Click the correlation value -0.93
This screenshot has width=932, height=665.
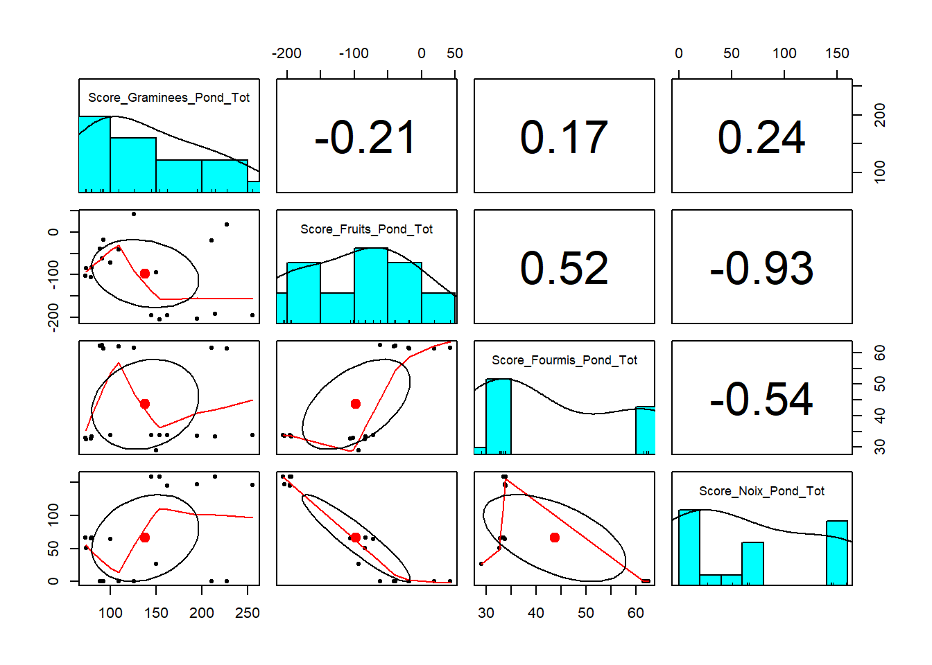tap(761, 268)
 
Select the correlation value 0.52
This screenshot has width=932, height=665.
tap(564, 268)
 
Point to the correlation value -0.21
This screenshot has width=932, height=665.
tap(365, 137)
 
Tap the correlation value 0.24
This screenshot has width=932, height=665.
tap(761, 137)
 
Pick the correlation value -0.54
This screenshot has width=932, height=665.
tap(761, 399)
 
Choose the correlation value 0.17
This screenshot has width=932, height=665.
tap(564, 137)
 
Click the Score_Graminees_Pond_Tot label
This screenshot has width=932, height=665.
tap(169, 98)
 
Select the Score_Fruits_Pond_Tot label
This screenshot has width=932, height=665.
tap(366, 229)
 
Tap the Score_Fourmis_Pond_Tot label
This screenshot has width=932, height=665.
tap(564, 360)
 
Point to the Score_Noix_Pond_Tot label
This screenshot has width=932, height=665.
tap(761, 491)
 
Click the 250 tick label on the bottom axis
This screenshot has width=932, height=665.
tap(248, 613)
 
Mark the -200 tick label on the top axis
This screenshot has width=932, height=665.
tap(286, 53)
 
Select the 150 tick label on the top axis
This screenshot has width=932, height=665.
tap(837, 53)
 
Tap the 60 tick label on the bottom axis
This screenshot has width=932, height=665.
tap(636, 613)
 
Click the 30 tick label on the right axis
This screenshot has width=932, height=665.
tap(880, 445)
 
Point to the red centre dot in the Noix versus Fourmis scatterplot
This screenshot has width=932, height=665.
tap(555, 538)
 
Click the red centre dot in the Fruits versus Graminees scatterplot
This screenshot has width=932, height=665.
tap(144, 274)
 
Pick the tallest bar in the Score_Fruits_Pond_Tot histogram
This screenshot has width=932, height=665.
tap(371, 285)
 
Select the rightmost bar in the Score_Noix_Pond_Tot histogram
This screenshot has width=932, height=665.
tap(837, 553)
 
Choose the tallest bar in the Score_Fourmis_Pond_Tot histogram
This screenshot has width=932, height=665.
tap(499, 416)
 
